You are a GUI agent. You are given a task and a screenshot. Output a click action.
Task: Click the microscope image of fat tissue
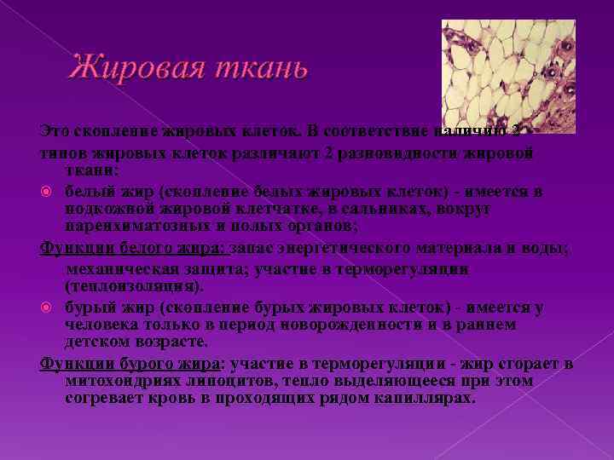tap(508, 77)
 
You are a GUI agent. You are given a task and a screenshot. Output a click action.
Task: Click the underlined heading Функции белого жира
tap(133, 248)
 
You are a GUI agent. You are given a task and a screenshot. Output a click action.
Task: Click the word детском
tap(97, 342)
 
